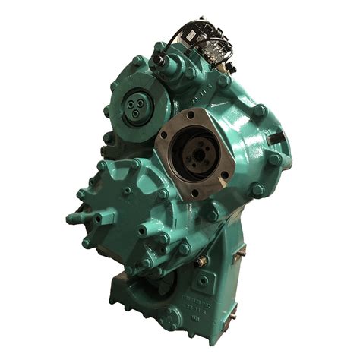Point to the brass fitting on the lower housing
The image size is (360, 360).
(202, 261)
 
